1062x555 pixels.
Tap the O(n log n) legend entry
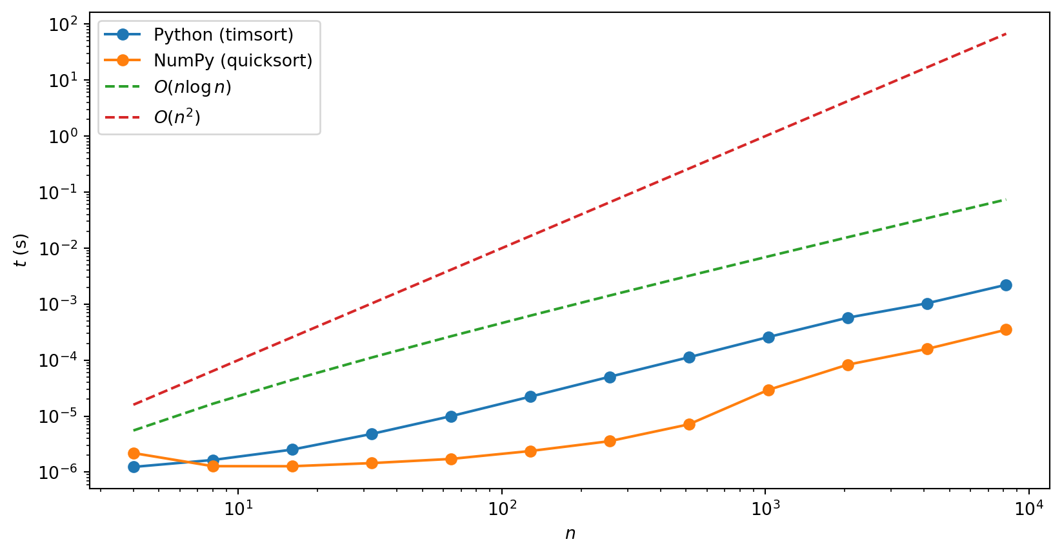[192, 88]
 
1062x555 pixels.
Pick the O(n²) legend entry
[177, 117]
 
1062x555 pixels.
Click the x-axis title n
[570, 534]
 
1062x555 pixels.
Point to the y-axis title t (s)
[21, 250]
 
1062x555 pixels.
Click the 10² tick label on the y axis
[63, 24]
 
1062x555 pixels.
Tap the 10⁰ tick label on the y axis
[63, 137]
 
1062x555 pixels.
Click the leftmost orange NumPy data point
[134, 453]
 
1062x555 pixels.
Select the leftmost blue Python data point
[134, 467]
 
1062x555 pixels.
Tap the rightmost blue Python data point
[1006, 285]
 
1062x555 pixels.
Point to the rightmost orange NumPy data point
[1006, 329]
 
